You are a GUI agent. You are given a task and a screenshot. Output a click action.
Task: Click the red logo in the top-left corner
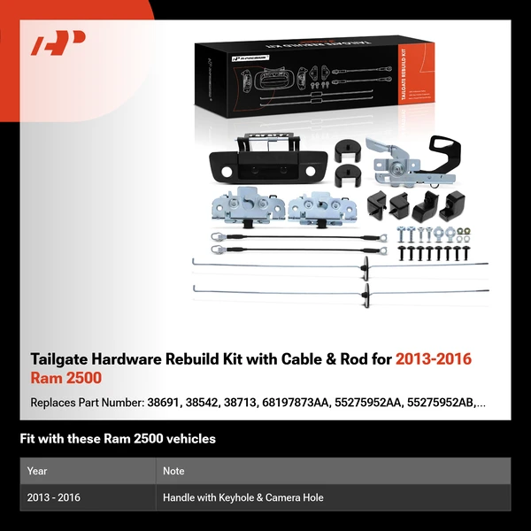click(58, 43)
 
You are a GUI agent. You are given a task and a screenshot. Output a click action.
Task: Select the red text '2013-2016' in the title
click(434, 359)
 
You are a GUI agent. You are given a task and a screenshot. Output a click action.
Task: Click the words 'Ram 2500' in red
click(66, 379)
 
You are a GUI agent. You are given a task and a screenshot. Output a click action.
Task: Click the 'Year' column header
click(37, 471)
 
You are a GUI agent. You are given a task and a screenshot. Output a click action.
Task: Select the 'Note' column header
click(174, 471)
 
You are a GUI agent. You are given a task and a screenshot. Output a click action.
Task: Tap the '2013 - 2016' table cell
click(54, 497)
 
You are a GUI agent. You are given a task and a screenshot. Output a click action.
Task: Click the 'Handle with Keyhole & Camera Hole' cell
click(242, 497)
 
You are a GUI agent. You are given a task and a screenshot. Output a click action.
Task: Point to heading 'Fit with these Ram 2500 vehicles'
click(118, 439)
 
